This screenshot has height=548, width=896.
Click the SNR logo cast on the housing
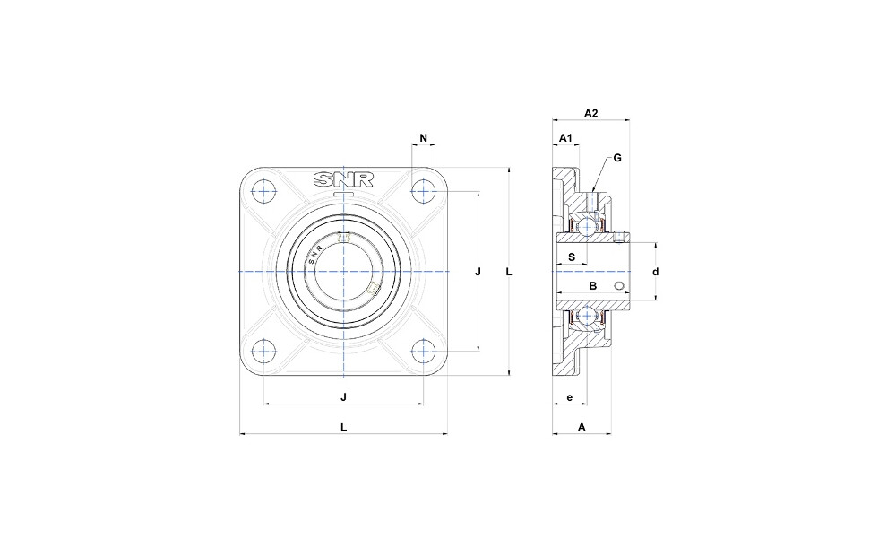(343, 179)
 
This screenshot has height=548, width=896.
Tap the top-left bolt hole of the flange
(264, 192)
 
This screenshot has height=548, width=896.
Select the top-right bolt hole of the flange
(423, 192)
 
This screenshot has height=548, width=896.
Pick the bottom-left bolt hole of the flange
(264, 351)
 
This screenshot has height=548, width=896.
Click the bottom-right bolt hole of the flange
(423, 351)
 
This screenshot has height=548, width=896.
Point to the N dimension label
(424, 138)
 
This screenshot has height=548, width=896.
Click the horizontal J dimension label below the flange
(343, 397)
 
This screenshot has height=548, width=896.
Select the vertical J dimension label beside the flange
(478, 272)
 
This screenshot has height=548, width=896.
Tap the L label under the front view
(343, 427)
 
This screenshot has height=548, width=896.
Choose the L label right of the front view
(509, 272)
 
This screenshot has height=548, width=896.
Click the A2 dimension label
(590, 113)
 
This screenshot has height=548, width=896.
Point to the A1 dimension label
(565, 138)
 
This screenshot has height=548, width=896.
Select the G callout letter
(617, 158)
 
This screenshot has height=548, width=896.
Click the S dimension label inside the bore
(572, 257)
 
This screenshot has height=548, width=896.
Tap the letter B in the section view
(593, 285)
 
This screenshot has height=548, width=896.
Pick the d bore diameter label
(656, 272)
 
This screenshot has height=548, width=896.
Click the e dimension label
(569, 397)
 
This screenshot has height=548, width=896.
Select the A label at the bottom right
(582, 427)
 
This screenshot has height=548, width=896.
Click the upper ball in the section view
(586, 227)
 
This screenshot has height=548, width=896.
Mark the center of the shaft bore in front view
(343, 271)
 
